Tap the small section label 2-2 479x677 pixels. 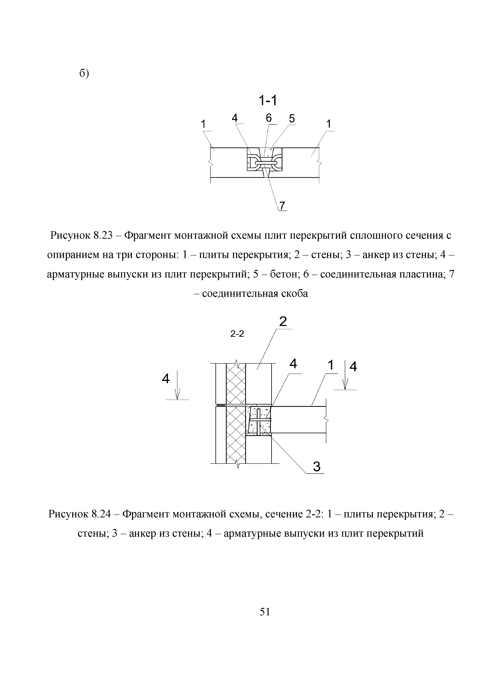(237, 334)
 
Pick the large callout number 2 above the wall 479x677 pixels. (283, 321)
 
